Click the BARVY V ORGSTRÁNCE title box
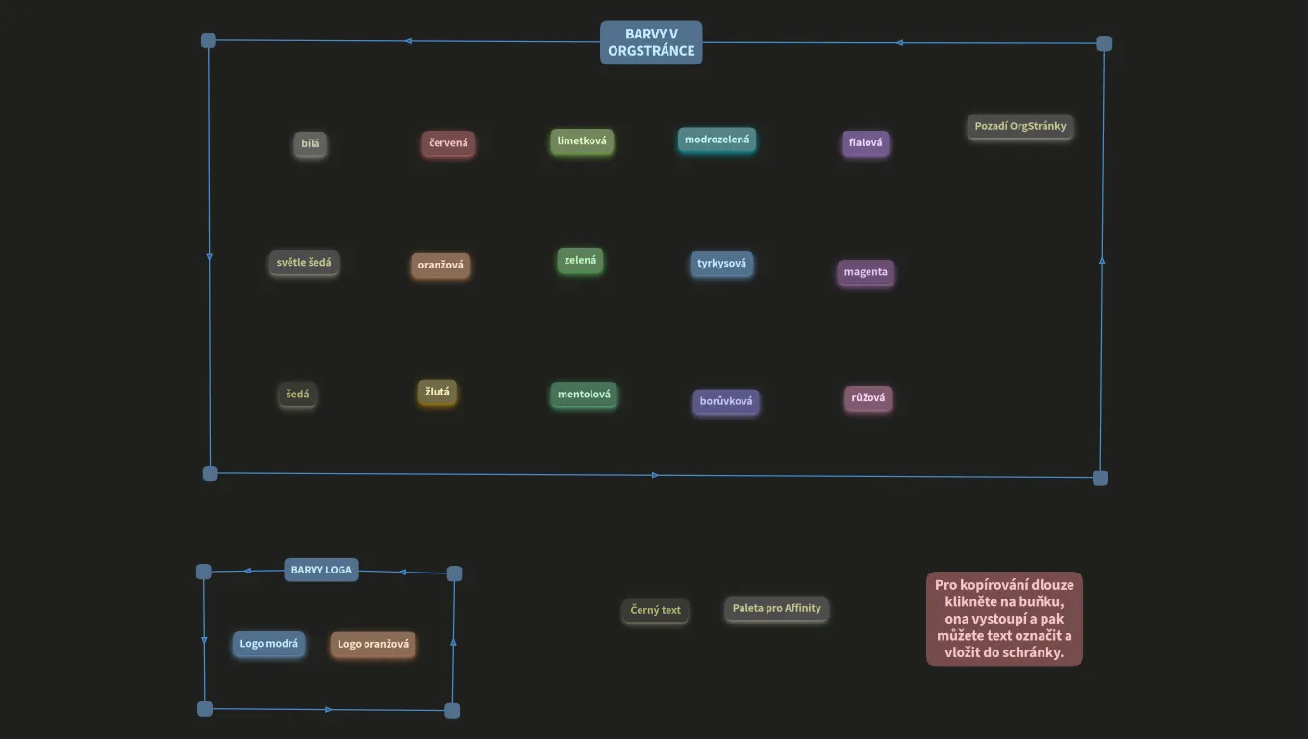pyautogui.click(x=651, y=42)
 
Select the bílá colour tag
pyautogui.click(x=310, y=143)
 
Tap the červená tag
pyautogui.click(x=448, y=143)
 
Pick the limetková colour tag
pyautogui.click(x=582, y=140)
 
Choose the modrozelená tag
pyautogui.click(x=717, y=140)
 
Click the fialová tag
pyautogui.click(x=866, y=143)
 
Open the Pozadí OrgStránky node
pyautogui.click(x=1020, y=126)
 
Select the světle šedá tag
pyautogui.click(x=304, y=263)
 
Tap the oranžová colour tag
pyautogui.click(x=440, y=266)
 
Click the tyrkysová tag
pyautogui.click(x=721, y=264)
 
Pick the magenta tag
pyautogui.click(x=866, y=272)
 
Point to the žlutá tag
pyautogui.click(x=438, y=392)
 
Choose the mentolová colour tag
pyautogui.click(x=584, y=395)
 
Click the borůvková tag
pyautogui.click(x=726, y=401)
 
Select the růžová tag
pyautogui.click(x=868, y=398)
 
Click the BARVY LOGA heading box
pyautogui.click(x=321, y=570)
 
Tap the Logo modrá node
pyautogui.click(x=268, y=644)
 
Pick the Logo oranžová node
pyautogui.click(x=373, y=645)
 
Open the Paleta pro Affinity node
pyautogui.click(x=777, y=609)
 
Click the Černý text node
pyautogui.click(x=655, y=610)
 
